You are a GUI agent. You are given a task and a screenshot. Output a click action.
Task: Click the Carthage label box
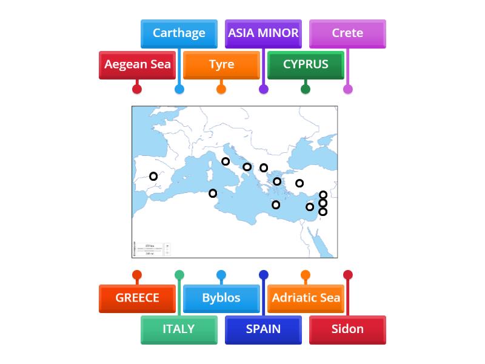(x=179, y=33)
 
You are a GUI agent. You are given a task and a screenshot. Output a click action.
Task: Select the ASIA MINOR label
(x=263, y=33)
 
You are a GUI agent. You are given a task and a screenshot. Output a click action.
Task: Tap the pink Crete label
(x=347, y=33)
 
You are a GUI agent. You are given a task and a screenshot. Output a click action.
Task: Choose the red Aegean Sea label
(x=137, y=64)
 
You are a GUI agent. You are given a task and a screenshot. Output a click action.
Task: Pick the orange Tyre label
(x=221, y=64)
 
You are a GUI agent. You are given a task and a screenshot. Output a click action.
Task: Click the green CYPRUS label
(x=306, y=64)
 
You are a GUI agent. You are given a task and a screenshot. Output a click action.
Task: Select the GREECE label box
(x=137, y=298)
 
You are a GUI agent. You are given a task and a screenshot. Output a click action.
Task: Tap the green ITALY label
(x=179, y=329)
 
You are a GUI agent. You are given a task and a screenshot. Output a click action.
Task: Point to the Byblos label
(x=221, y=298)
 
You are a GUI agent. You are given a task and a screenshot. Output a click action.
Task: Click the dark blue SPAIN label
(x=263, y=329)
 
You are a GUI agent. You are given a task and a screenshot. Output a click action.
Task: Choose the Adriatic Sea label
(x=306, y=298)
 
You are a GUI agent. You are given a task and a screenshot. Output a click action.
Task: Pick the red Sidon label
(x=347, y=329)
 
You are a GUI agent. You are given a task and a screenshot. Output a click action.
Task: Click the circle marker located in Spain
(x=153, y=177)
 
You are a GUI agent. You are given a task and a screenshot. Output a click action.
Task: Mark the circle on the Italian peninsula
(x=226, y=161)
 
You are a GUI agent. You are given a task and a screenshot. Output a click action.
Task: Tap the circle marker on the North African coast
(x=213, y=194)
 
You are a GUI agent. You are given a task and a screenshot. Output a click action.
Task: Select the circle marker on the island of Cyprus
(x=310, y=207)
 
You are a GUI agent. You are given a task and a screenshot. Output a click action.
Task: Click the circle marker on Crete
(x=276, y=205)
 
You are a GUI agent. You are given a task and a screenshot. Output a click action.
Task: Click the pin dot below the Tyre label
(x=221, y=89)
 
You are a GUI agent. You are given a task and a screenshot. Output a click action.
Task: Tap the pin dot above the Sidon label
(x=347, y=275)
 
